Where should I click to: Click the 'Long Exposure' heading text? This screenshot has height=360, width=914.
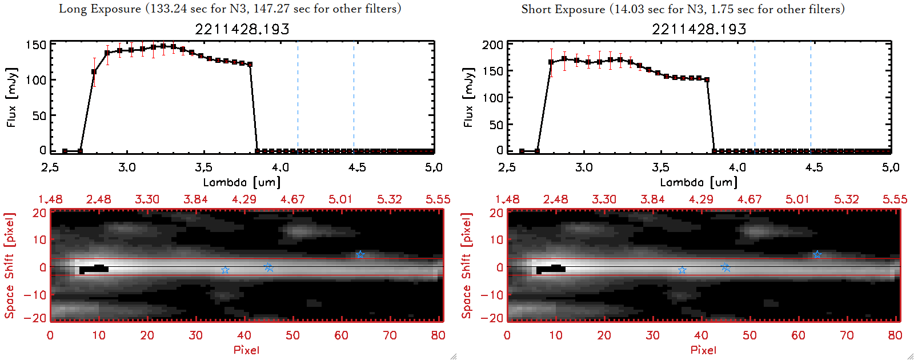(x=100, y=9)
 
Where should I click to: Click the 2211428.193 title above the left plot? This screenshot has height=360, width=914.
(x=242, y=29)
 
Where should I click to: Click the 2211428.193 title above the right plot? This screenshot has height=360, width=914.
(x=699, y=29)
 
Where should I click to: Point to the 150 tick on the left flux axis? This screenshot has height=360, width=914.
(x=36, y=45)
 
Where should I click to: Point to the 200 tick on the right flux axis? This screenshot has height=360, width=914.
(x=492, y=45)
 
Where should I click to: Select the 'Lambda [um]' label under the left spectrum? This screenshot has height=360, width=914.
(x=242, y=182)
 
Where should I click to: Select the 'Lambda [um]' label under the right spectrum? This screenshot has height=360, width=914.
(x=699, y=182)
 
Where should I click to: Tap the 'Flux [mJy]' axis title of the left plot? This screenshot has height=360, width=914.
(x=12, y=97)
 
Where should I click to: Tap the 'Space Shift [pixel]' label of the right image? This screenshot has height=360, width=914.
(x=467, y=266)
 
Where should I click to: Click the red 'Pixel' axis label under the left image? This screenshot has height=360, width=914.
(x=246, y=350)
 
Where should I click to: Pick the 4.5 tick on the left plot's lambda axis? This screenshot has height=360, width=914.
(x=357, y=167)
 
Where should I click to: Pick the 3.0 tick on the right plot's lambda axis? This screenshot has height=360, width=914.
(x=584, y=167)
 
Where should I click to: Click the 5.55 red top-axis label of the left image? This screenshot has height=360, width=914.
(x=438, y=199)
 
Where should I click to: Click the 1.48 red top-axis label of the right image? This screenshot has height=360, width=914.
(x=507, y=199)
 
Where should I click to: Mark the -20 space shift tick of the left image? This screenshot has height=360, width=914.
(x=38, y=318)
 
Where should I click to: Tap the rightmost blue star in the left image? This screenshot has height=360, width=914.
(x=360, y=254)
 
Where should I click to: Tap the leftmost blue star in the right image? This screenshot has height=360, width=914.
(x=682, y=270)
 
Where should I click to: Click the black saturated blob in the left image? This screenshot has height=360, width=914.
(x=94, y=269)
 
